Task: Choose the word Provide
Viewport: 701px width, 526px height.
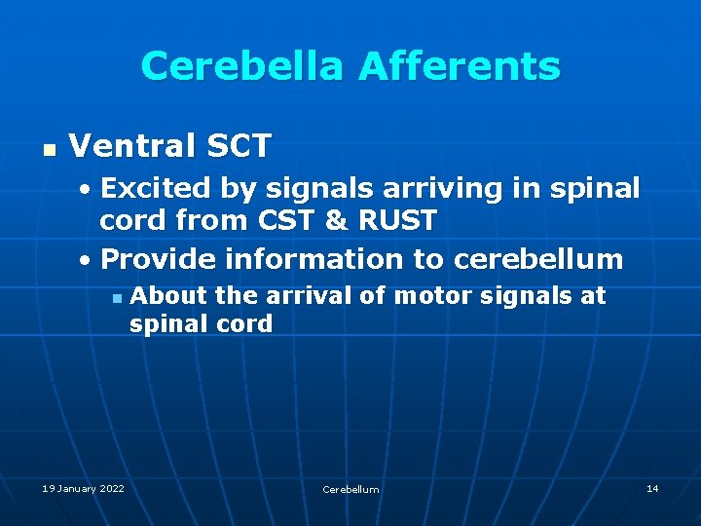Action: [158, 259]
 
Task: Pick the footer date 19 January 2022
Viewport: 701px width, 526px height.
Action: [83, 488]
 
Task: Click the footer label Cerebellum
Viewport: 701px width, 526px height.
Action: [350, 489]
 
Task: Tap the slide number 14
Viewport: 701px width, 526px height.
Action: [652, 488]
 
